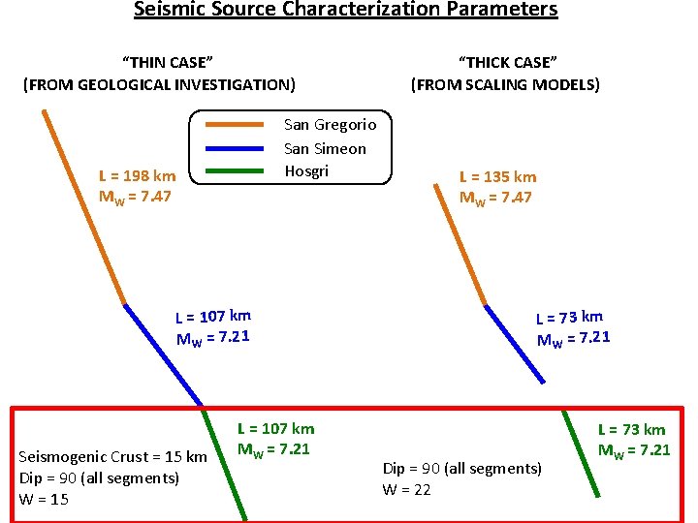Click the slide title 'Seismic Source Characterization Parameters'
point(346,11)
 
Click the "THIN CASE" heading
point(159,63)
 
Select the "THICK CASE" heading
point(505,63)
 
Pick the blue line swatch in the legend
point(236,148)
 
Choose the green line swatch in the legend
point(236,171)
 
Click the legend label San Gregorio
point(330,125)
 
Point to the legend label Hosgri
point(306,171)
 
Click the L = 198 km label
point(138,176)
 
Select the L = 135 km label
point(497,177)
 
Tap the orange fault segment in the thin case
point(84,208)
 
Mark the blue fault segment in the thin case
point(163,354)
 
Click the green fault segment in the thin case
point(225,464)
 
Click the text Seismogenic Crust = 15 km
point(113,457)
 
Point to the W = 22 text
point(407,490)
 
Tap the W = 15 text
point(44,500)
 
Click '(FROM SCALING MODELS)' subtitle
point(505,85)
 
